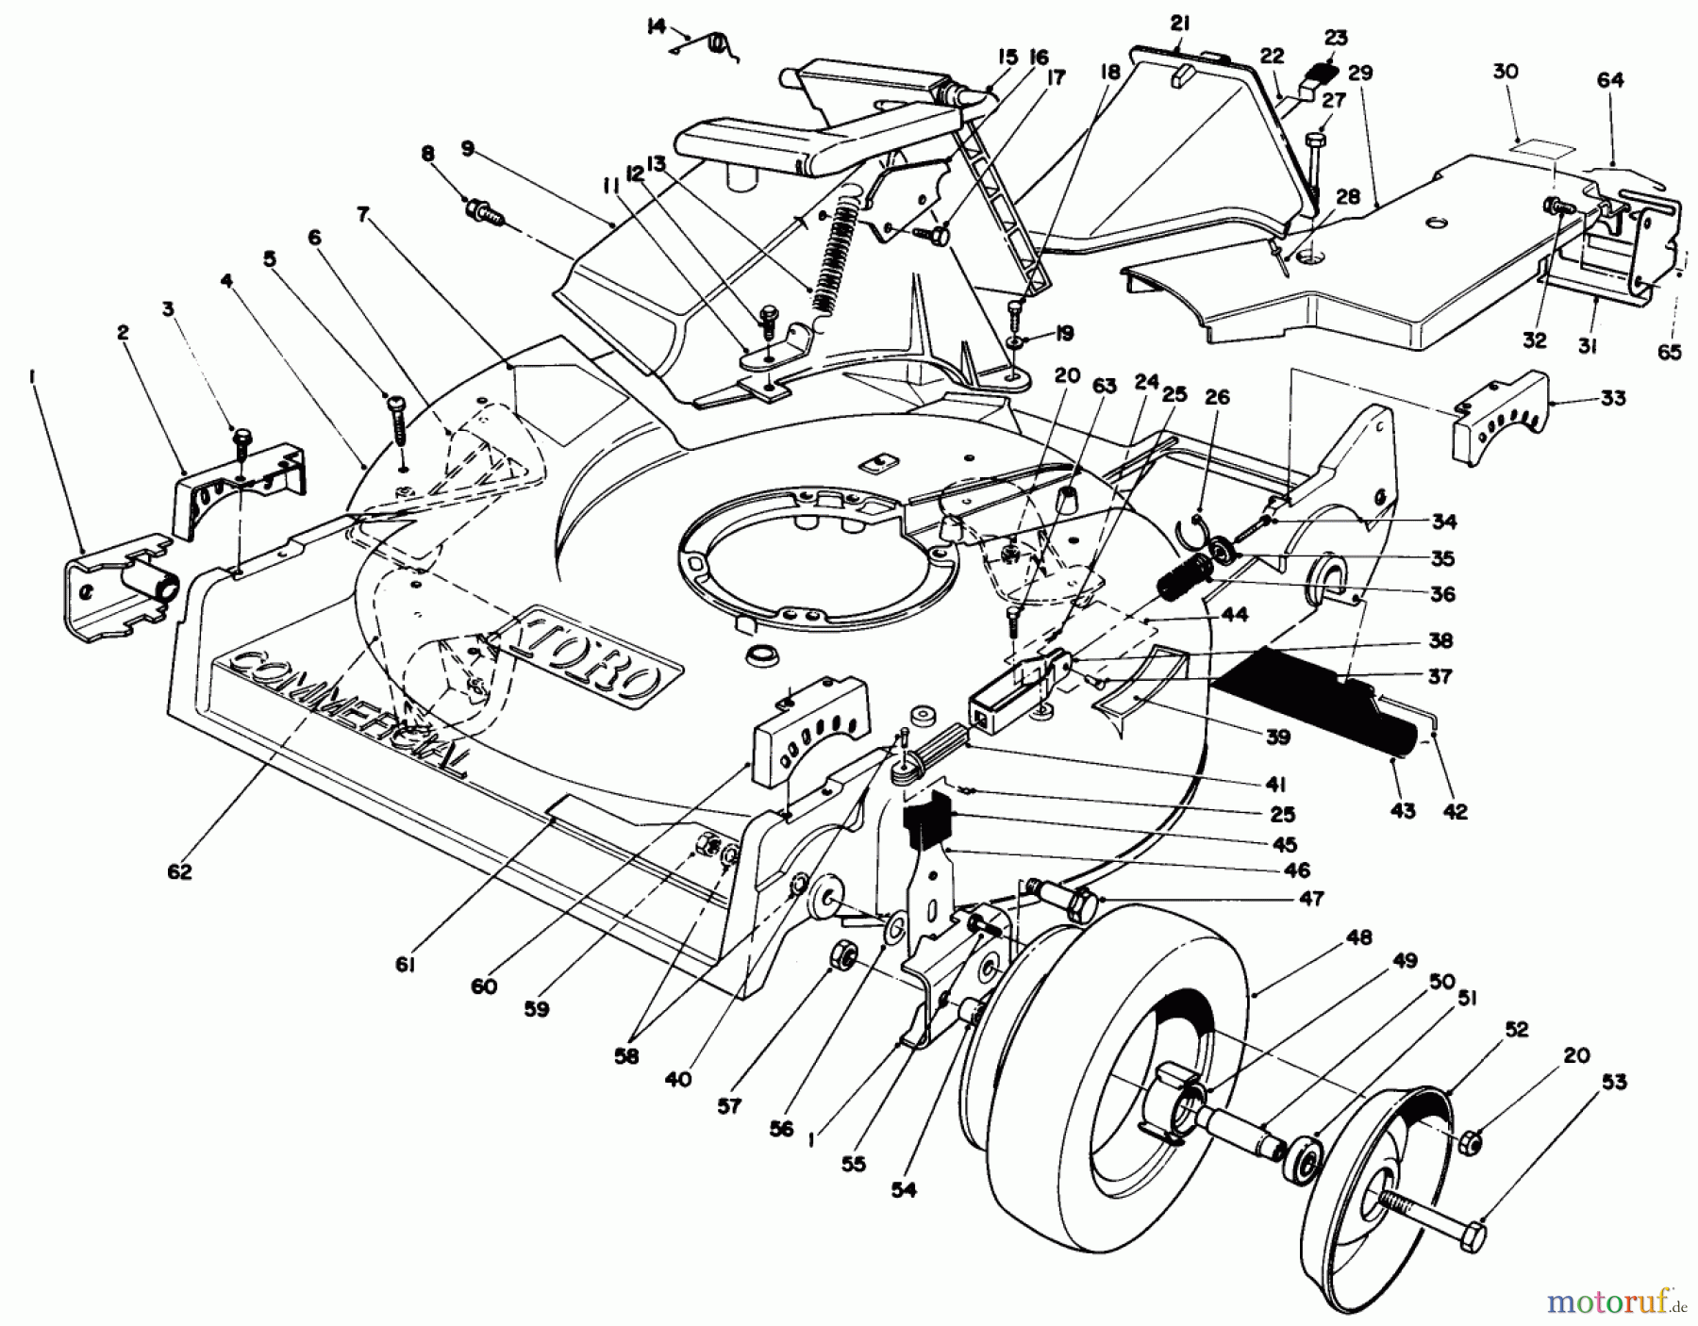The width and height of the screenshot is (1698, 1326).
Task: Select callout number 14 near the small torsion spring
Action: point(657,25)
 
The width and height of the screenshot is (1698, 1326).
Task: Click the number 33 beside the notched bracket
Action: point(1613,398)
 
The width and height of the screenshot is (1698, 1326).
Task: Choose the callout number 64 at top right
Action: point(1610,80)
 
